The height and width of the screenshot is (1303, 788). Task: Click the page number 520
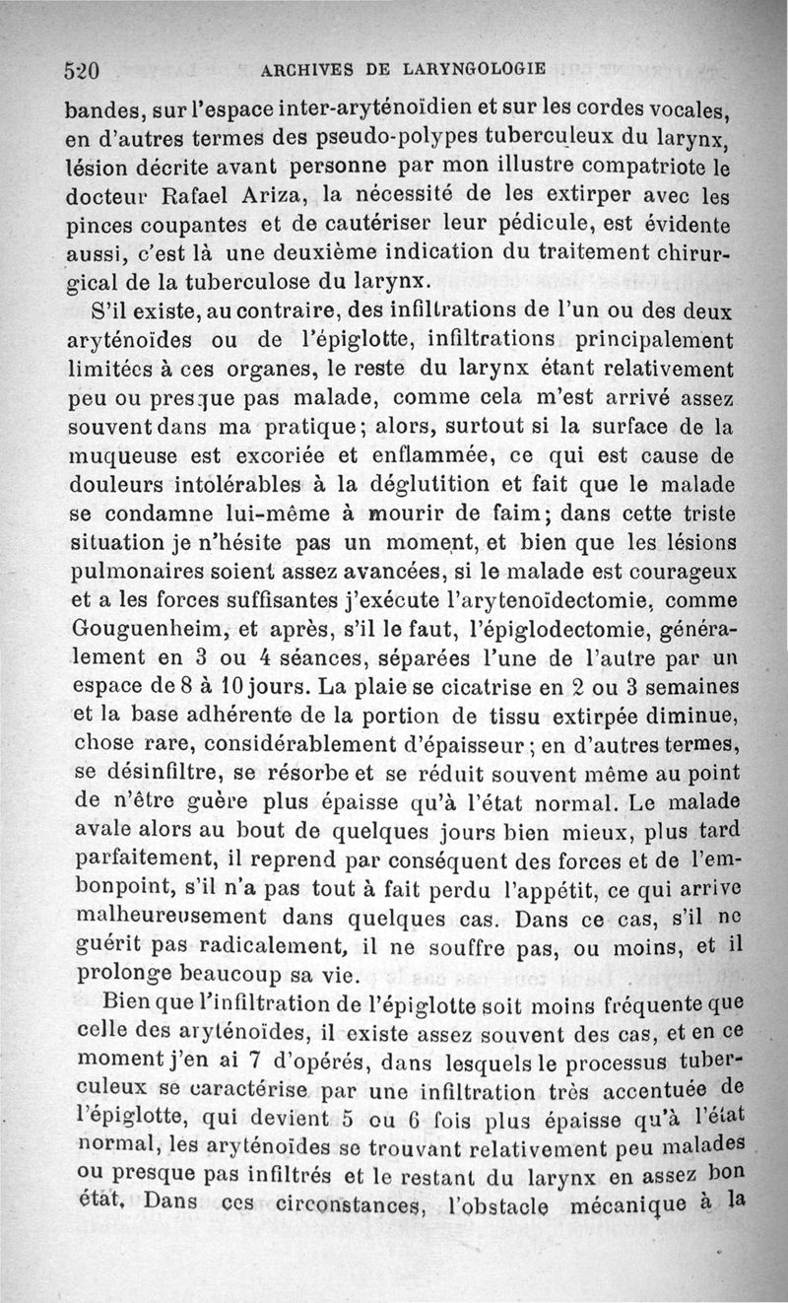[84, 70]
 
